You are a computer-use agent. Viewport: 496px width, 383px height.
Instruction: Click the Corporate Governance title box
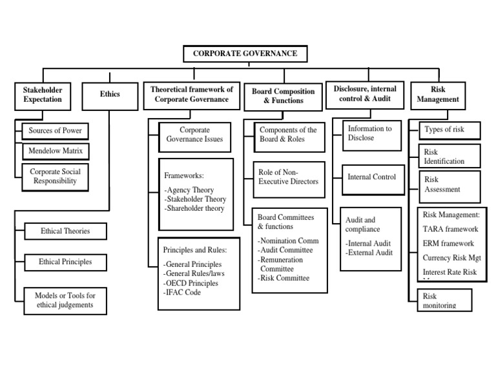245,54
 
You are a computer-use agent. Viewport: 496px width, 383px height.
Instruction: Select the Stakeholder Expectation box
43,95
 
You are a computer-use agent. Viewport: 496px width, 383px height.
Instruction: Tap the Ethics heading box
109,95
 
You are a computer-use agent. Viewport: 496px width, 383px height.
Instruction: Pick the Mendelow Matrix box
54,151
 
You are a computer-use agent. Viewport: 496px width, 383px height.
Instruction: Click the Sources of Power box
54,130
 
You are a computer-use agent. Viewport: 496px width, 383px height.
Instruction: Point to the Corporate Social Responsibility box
54,176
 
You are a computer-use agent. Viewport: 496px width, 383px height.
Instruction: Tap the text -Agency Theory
189,190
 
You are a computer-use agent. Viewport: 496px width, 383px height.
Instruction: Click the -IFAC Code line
182,292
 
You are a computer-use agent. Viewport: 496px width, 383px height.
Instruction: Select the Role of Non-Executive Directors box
288,177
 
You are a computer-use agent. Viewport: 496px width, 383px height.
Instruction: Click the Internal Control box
372,177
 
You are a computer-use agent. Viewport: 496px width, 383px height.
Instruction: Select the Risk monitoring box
439,300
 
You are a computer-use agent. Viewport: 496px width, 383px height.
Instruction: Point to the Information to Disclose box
371,133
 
